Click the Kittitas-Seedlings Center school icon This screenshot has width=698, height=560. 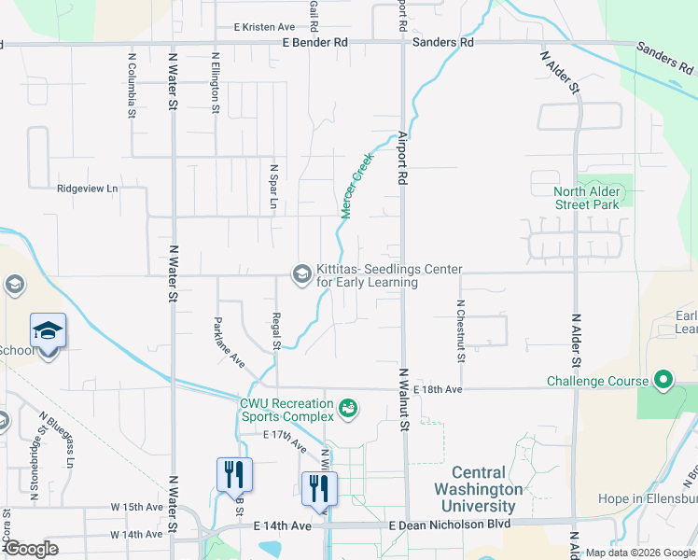click(301, 273)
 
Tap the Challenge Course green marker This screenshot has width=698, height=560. click(663, 381)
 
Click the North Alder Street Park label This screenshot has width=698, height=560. click(586, 198)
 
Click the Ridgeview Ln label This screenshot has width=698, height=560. click(88, 188)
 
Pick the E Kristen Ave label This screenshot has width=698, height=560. click(264, 28)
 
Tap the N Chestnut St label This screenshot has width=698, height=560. click(461, 329)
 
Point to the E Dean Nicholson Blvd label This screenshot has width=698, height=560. click(450, 525)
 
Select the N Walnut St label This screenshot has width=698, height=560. click(405, 399)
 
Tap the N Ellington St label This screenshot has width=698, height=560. click(216, 84)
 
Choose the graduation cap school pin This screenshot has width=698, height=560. click(49, 333)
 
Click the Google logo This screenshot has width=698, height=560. click(31, 549)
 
